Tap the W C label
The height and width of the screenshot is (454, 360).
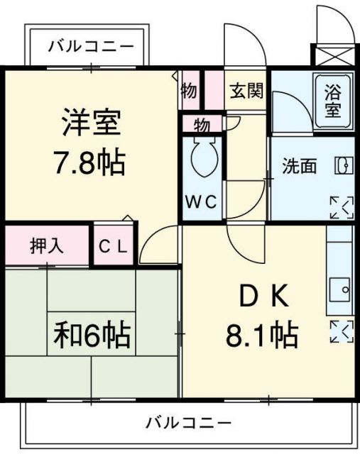click(x=202, y=201)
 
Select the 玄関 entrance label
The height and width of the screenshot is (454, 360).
click(x=246, y=90)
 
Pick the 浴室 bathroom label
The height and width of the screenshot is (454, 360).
click(x=333, y=101)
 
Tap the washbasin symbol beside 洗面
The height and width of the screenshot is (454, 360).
click(x=344, y=166)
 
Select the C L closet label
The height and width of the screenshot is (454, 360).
click(x=114, y=246)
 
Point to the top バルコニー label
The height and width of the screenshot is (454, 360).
click(x=90, y=48)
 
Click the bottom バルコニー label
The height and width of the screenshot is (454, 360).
click(x=189, y=423)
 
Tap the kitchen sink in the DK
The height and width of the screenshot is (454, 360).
click(x=340, y=289)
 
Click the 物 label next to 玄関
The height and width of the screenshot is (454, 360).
click(x=189, y=90)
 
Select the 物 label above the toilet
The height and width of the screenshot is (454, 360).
click(x=202, y=126)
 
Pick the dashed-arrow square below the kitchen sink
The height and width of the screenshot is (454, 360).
click(x=341, y=331)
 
